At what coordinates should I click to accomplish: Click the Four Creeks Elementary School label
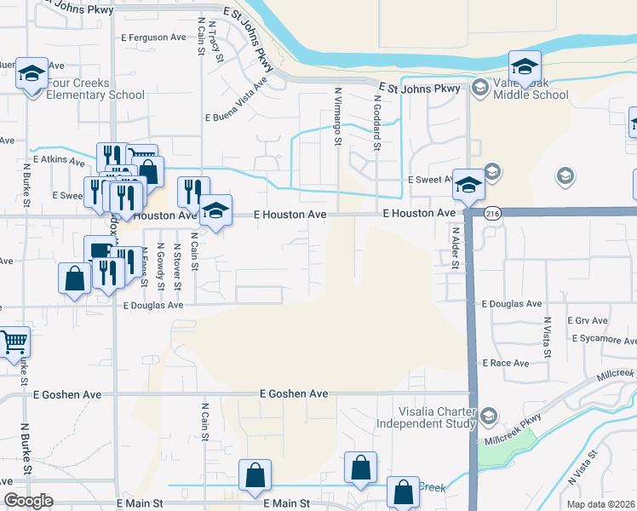tap(83, 89)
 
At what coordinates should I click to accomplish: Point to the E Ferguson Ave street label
tap(153, 37)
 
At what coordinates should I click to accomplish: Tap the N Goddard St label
tap(376, 123)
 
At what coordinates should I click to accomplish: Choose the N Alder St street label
tap(456, 249)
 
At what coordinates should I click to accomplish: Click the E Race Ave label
tap(506, 363)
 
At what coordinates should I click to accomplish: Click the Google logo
tap(29, 501)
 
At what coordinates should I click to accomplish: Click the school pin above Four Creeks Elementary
tap(32, 75)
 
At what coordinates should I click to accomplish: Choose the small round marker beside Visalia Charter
tap(489, 416)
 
